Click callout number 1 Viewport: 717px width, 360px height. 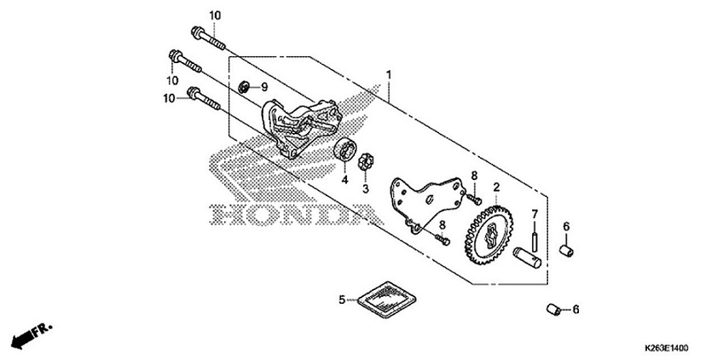pyautogui.click(x=389, y=75)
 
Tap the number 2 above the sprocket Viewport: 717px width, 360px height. pyautogui.click(x=495, y=186)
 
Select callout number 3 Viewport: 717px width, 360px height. pyautogui.click(x=366, y=189)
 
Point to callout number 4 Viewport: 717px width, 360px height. pyautogui.click(x=345, y=180)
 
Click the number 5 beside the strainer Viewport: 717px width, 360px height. pyautogui.click(x=343, y=299)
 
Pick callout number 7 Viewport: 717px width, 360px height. pyautogui.click(x=535, y=213)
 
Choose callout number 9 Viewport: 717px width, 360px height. pyautogui.click(x=263, y=87)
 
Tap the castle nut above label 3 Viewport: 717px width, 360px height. pyautogui.click(x=367, y=160)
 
